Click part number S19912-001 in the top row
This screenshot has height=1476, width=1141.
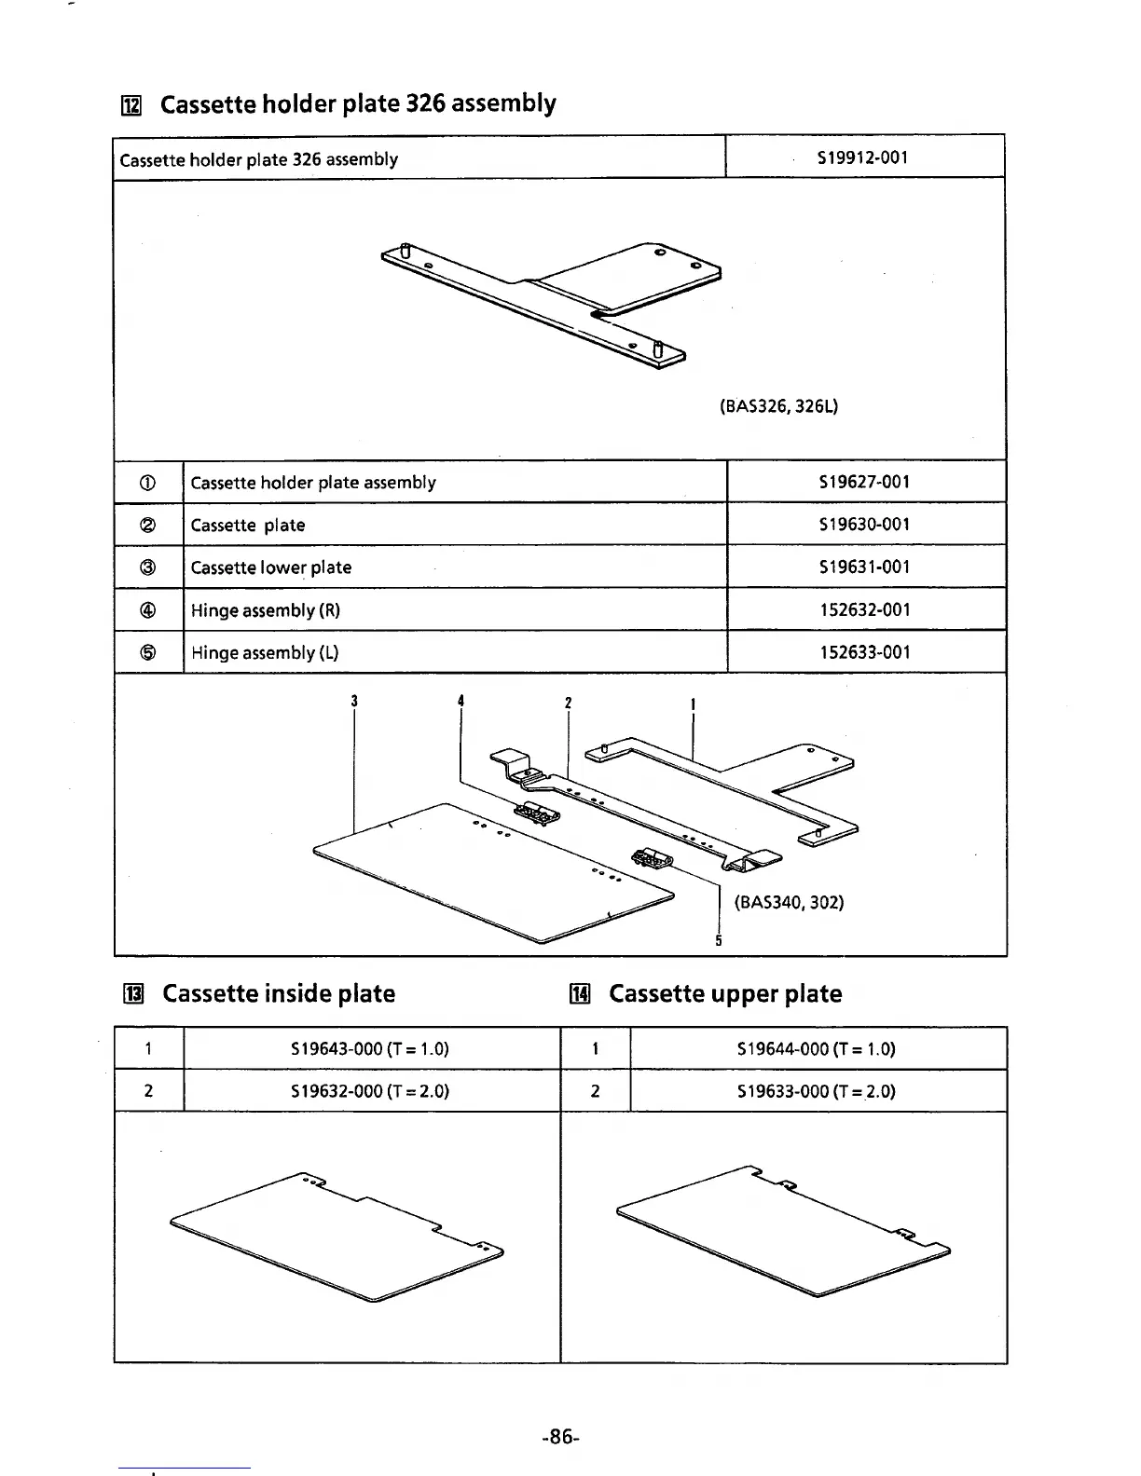(862, 157)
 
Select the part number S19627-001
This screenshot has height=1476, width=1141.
(864, 482)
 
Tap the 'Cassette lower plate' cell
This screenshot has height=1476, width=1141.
(271, 567)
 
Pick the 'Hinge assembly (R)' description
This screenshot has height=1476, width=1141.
(266, 610)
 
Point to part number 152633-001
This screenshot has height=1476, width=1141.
(864, 652)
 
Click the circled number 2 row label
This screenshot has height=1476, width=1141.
(148, 525)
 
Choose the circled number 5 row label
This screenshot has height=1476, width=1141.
(148, 652)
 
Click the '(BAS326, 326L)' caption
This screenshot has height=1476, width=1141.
(778, 406)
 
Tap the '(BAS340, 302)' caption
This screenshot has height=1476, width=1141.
(789, 902)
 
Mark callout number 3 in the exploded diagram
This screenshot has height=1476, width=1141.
(354, 702)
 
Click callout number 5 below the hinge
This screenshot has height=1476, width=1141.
(718, 940)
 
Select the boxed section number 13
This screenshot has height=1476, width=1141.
(133, 995)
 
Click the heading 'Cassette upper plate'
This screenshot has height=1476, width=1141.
(725, 994)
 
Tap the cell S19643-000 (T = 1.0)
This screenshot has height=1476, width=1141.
(370, 1048)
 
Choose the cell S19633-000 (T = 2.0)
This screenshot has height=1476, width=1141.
(816, 1091)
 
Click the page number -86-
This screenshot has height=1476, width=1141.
(560, 1437)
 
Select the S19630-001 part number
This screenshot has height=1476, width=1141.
(864, 525)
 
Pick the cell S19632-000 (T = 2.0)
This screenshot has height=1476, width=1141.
(370, 1091)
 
